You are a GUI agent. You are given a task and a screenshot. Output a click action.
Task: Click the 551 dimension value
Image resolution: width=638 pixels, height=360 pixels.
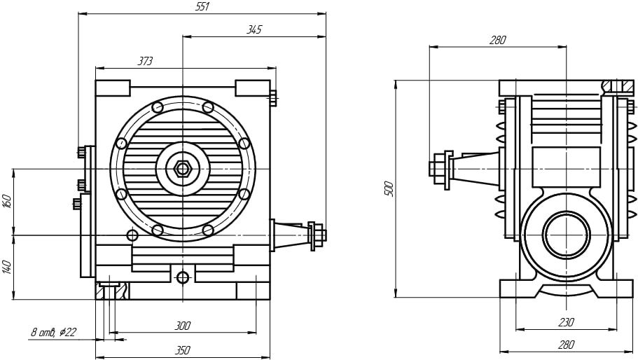pyautogui.click(x=202, y=7)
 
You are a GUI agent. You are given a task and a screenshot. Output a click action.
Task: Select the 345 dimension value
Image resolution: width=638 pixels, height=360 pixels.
pyautogui.click(x=254, y=29)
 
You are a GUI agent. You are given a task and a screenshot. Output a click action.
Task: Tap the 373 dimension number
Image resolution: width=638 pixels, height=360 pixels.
pyautogui.click(x=145, y=61)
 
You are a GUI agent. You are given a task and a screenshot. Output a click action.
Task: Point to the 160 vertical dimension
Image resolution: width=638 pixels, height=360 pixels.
pyautogui.click(x=7, y=201)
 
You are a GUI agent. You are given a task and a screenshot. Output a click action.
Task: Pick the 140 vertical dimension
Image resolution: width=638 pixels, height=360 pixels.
pyautogui.click(x=7, y=268)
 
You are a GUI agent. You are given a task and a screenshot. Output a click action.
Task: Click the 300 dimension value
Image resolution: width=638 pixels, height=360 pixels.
pyautogui.click(x=183, y=326)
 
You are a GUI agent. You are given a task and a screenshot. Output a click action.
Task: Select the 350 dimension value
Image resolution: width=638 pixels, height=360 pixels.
pyautogui.click(x=183, y=350)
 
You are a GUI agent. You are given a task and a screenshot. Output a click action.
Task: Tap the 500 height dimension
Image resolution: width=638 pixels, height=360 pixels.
pyautogui.click(x=389, y=188)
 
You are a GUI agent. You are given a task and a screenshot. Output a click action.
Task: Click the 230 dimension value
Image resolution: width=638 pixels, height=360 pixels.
pyautogui.click(x=566, y=323)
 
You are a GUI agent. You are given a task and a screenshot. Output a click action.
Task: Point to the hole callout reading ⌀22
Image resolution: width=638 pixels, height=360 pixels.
pyautogui.click(x=67, y=333)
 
